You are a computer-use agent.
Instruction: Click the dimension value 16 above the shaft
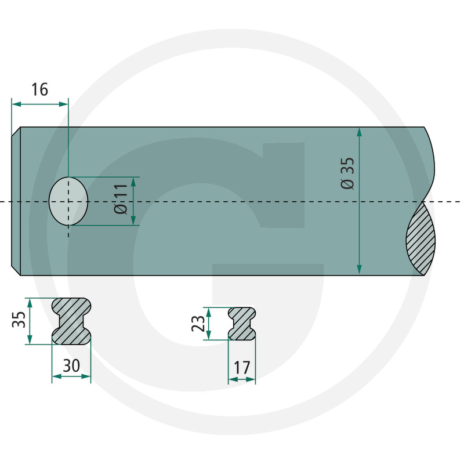tap(39, 90)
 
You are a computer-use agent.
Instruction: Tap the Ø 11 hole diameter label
tap(121, 198)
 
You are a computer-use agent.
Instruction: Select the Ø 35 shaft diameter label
tap(347, 173)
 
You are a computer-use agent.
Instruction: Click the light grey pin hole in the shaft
tap(68, 201)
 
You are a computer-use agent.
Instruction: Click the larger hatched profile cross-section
tap(71, 321)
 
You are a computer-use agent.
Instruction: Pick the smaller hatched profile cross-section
tap(242, 324)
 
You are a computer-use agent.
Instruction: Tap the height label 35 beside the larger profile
tap(19, 320)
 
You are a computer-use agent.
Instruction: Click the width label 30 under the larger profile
tap(71, 365)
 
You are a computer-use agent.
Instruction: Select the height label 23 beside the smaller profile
tap(198, 323)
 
